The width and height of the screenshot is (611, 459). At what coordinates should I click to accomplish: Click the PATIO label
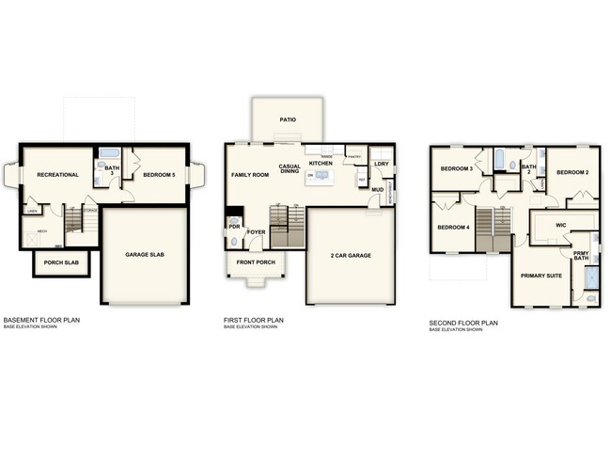click(x=290, y=120)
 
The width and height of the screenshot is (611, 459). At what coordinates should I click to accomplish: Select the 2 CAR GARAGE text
click(x=351, y=255)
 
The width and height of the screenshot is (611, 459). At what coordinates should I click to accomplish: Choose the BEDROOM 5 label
click(x=159, y=175)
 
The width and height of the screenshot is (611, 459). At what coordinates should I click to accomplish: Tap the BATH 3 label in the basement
click(x=110, y=170)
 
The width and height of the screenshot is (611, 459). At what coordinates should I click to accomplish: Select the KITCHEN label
click(x=321, y=164)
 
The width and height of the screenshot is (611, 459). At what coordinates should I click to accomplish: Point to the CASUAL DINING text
click(x=290, y=170)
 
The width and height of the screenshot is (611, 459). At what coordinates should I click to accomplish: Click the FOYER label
click(x=257, y=230)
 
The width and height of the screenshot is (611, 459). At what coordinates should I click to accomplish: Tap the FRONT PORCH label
click(x=256, y=262)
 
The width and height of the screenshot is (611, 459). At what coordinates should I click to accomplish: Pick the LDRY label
click(x=381, y=165)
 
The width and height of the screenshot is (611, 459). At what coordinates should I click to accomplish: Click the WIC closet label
click(x=560, y=226)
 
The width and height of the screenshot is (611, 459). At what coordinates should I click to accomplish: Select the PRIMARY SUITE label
click(x=542, y=276)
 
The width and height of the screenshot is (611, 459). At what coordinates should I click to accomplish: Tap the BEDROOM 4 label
click(x=452, y=228)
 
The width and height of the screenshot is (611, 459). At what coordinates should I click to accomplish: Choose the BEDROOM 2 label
click(x=572, y=173)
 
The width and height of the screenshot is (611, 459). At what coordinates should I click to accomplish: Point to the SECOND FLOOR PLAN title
click(x=463, y=323)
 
